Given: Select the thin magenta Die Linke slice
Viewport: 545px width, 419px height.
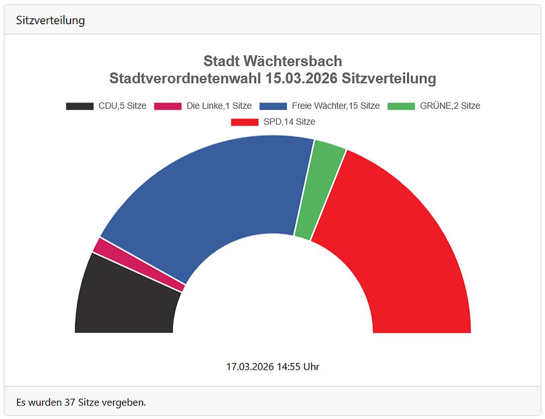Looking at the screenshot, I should tap(139, 265).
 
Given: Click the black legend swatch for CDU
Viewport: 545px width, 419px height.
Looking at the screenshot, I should tap(80, 106).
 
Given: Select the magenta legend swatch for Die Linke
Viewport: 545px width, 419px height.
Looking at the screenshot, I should tap(168, 106).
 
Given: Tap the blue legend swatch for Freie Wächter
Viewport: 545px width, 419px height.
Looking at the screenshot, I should tap(273, 106).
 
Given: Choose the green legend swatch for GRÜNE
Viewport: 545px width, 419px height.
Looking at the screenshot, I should tap(401, 106).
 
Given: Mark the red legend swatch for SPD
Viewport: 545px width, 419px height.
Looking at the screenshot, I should tap(245, 122).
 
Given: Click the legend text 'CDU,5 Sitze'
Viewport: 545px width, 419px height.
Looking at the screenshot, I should tap(122, 106).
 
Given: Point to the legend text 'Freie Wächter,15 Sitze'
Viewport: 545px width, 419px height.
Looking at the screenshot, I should tap(335, 106).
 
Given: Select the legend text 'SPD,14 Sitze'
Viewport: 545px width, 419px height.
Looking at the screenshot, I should tap(289, 122).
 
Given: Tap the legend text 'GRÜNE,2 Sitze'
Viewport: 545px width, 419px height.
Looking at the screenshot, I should tap(450, 106).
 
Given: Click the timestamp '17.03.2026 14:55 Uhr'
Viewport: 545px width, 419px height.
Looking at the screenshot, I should tap(272, 367).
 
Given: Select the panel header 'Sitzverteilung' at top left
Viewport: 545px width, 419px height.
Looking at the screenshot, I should tap(51, 20).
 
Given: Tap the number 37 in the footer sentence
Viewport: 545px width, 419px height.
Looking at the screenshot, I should tap(70, 402).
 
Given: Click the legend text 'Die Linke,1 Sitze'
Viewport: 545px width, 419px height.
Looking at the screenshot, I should tap(219, 106).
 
